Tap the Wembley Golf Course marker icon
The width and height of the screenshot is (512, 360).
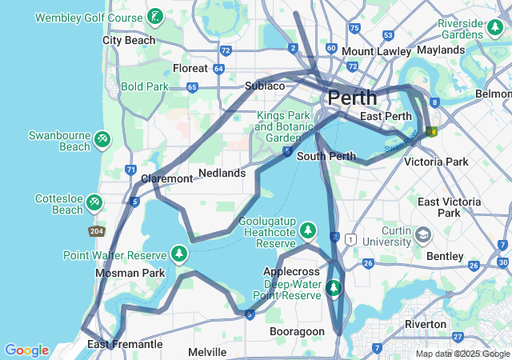154,15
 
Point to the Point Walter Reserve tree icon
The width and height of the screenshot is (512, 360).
179,255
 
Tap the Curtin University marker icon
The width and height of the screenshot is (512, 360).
422,236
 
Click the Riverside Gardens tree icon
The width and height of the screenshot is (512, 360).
495,29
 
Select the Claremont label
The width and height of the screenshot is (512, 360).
166,178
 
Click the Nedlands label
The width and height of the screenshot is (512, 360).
222,173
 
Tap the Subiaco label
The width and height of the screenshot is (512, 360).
265,86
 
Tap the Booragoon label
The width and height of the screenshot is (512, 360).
298,331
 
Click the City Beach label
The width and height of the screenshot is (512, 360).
129,40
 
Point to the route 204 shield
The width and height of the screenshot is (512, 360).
96,231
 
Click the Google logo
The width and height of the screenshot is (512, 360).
26,350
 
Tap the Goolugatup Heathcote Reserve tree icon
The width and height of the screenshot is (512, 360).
308,232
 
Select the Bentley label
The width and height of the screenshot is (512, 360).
445,256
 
